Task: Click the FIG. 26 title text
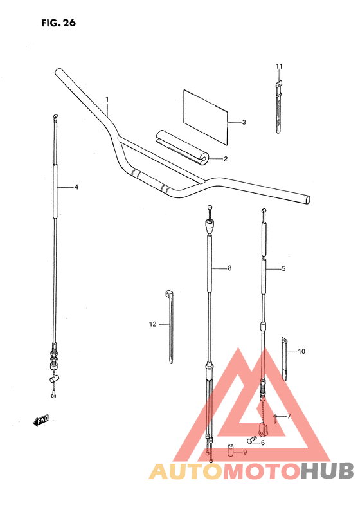(x=59, y=23)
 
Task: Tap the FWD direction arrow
(x=41, y=421)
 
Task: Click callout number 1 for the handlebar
(x=107, y=99)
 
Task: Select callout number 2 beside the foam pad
(x=226, y=159)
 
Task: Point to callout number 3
(x=244, y=122)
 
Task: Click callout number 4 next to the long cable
(x=76, y=187)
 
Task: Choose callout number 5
(x=283, y=268)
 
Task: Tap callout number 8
(x=230, y=268)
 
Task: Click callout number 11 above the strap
(x=279, y=67)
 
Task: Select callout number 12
(x=153, y=324)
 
